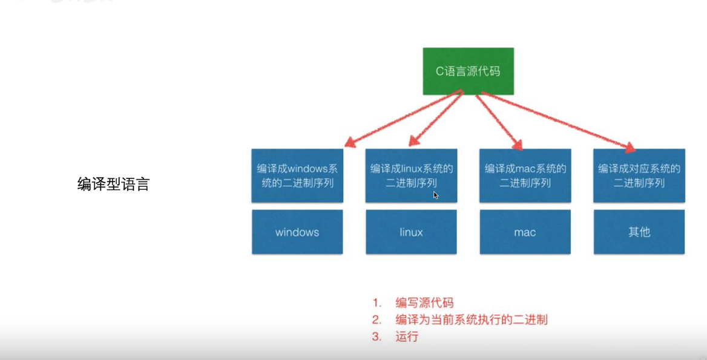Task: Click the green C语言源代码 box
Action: coord(468,71)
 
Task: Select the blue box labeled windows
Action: coord(297,232)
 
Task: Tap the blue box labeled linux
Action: coord(411,232)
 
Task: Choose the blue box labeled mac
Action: coord(525,232)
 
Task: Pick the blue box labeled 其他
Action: coord(639,232)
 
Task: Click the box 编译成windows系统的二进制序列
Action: coord(297,175)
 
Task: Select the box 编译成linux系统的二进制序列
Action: coord(411,175)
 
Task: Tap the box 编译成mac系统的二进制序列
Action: coord(525,175)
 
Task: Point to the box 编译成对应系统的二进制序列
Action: coord(639,175)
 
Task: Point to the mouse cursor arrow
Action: coord(435,195)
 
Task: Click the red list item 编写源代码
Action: coord(424,303)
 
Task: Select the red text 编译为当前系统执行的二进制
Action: coord(472,319)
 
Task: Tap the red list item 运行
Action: coord(407,336)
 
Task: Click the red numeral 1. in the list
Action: coord(377,303)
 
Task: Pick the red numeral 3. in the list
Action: coord(377,336)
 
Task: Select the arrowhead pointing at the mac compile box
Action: coord(518,145)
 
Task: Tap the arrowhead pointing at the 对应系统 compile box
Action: coord(631,148)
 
